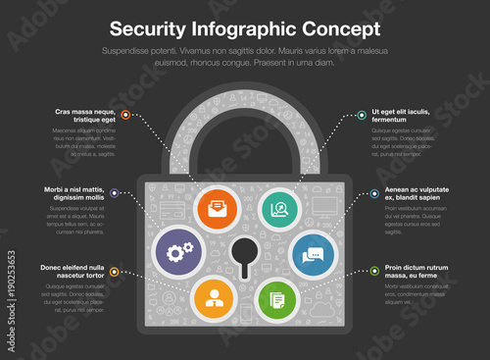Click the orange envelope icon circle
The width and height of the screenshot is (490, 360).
click(x=216, y=208)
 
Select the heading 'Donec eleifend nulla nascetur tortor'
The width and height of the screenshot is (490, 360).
click(x=73, y=271)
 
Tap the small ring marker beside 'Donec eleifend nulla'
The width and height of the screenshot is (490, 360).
click(x=116, y=272)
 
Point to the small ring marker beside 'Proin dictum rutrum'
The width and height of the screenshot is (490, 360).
click(x=373, y=272)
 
